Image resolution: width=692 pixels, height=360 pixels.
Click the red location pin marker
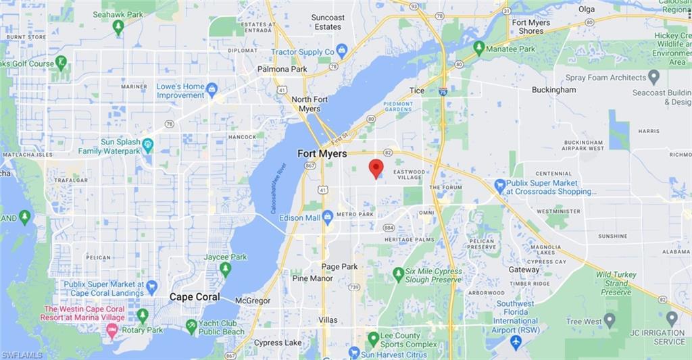(x=376, y=168)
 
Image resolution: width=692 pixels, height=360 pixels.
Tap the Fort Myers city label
(x=322, y=154)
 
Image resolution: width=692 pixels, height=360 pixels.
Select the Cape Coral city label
(x=195, y=297)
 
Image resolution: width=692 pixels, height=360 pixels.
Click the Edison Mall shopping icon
(x=328, y=217)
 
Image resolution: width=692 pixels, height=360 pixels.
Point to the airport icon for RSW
(x=516, y=342)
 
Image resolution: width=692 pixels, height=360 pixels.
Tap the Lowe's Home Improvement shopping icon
(x=212, y=90)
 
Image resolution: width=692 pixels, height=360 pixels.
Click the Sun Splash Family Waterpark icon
(x=148, y=145)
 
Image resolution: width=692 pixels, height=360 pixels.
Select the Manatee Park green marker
(x=479, y=49)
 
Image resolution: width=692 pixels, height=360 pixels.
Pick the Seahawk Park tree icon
(x=118, y=27)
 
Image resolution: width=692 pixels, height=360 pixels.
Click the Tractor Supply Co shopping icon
(x=342, y=51)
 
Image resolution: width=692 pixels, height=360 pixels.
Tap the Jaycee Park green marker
(x=225, y=269)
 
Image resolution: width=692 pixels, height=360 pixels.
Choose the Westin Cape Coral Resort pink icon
(x=112, y=330)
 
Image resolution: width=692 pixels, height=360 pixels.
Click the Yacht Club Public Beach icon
(x=192, y=327)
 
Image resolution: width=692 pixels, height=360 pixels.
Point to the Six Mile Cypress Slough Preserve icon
(x=398, y=275)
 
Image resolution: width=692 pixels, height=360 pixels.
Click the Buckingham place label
(x=553, y=90)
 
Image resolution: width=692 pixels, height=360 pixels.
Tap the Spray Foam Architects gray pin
(x=653, y=77)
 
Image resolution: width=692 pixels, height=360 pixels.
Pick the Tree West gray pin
(x=610, y=320)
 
